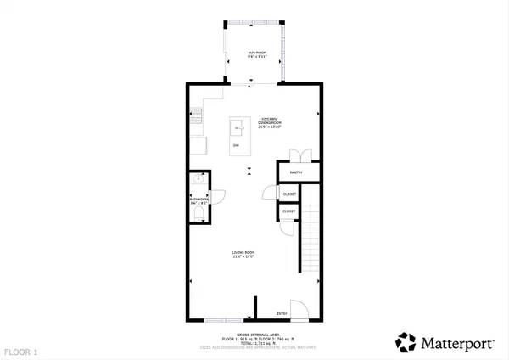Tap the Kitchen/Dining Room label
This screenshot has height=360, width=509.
(270, 121)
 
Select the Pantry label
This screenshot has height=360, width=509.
(297, 172)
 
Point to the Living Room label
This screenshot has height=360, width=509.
(244, 254)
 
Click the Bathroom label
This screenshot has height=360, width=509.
(198, 200)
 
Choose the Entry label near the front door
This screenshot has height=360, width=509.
(282, 314)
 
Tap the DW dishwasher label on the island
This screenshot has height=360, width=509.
(235, 145)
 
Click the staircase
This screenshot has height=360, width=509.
(310, 242)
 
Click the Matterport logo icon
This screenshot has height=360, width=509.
(406, 342)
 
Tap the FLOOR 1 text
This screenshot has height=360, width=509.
(21, 351)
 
